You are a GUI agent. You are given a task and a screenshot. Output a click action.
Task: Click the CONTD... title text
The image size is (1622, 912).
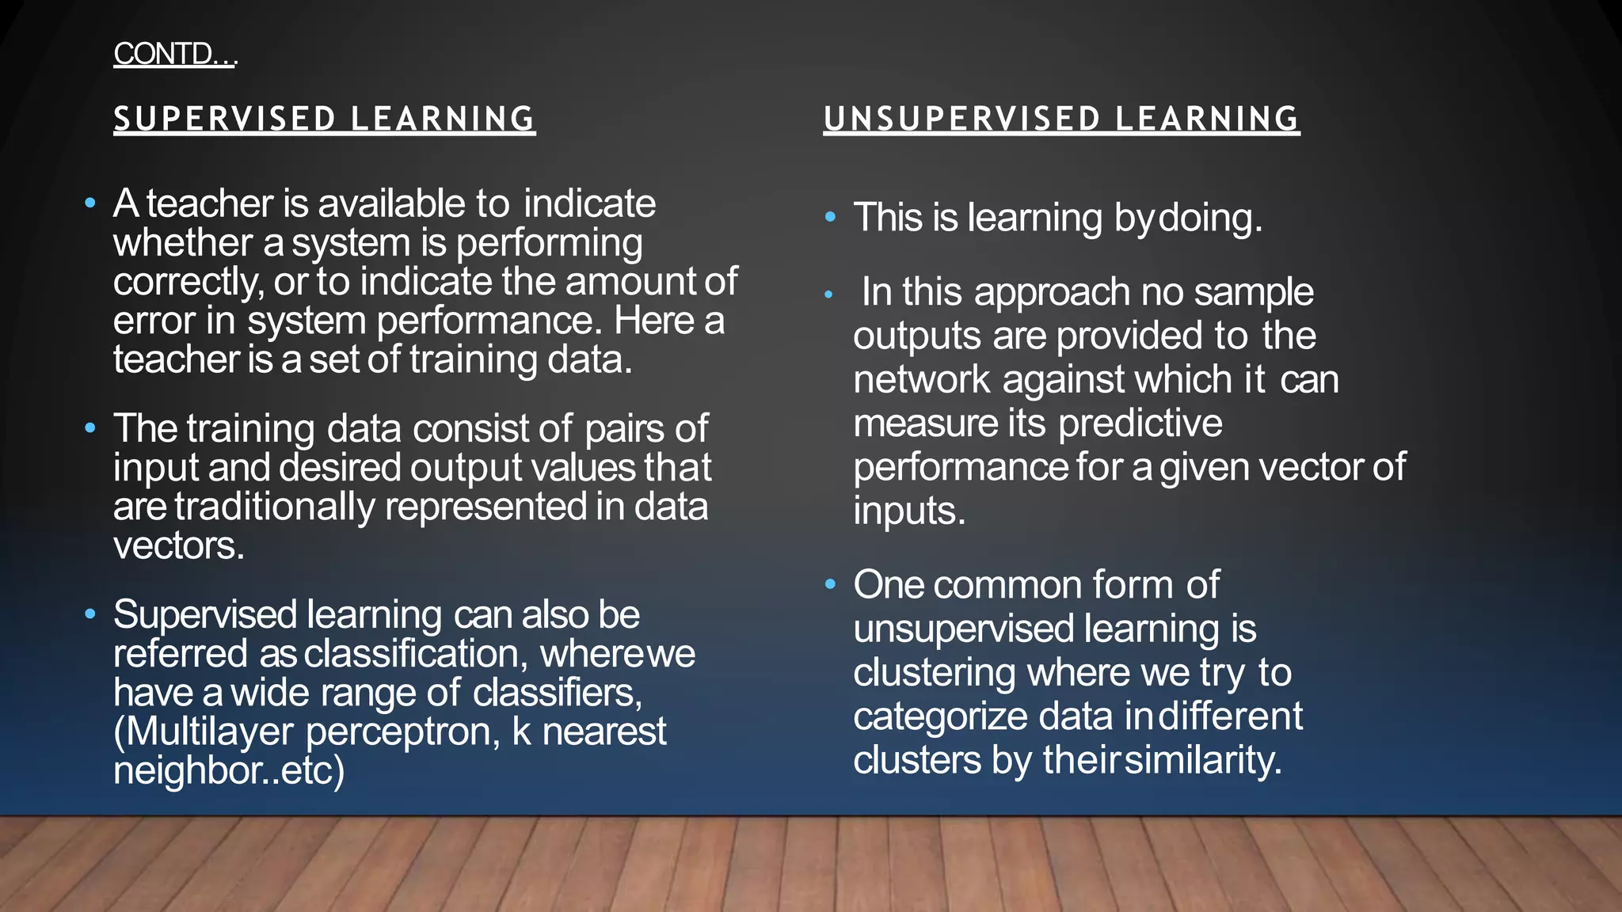click(174, 54)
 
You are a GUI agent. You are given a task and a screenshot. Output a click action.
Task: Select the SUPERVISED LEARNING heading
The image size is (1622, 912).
click(324, 119)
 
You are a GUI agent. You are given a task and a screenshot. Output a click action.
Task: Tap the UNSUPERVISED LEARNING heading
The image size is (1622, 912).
click(1061, 119)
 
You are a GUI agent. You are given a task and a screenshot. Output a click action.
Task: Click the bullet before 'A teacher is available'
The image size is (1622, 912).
click(90, 204)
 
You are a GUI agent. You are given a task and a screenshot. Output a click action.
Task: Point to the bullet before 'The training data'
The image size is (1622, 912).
click(90, 428)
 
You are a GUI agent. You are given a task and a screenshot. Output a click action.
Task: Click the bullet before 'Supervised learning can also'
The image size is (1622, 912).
click(90, 614)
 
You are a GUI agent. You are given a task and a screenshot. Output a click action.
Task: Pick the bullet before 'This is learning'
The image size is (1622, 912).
click(830, 217)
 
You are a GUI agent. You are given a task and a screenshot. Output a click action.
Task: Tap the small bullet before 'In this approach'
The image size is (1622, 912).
click(828, 294)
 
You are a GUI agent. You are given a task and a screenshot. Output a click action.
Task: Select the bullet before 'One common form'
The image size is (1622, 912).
click(830, 584)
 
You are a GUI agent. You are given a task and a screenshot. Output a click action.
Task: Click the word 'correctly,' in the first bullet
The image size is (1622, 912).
click(188, 282)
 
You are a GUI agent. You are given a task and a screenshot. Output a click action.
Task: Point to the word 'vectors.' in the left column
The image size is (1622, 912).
click(179, 545)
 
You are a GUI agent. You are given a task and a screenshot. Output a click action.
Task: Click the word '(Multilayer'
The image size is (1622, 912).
click(204, 731)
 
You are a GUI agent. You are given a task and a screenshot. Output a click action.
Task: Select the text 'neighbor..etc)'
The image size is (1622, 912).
click(229, 770)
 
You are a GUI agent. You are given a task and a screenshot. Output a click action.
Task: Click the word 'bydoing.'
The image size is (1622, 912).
click(1188, 218)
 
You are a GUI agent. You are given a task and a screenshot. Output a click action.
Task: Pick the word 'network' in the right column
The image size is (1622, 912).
click(921, 379)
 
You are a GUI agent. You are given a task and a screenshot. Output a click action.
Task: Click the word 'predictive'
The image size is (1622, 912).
click(1140, 424)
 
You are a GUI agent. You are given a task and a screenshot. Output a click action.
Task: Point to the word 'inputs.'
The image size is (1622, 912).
click(909, 511)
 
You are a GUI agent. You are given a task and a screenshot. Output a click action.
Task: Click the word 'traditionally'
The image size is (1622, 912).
click(274, 507)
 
